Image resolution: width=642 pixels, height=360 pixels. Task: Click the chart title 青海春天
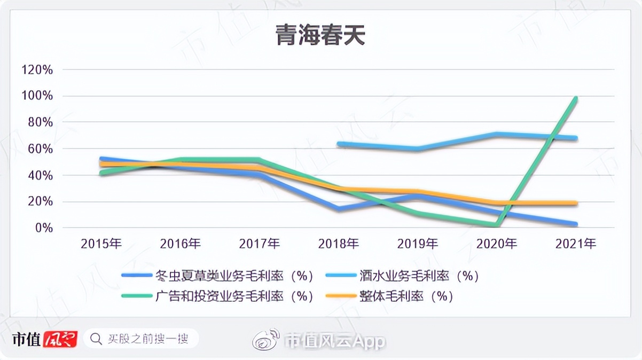coord(320,36)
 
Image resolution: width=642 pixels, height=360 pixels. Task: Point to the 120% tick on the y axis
coord(36,69)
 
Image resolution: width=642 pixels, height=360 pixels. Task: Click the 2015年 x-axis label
coord(101,244)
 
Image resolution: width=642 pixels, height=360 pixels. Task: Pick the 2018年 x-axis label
coord(339,244)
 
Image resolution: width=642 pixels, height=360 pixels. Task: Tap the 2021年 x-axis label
coord(576,244)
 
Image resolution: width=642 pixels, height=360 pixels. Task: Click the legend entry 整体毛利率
coord(406,296)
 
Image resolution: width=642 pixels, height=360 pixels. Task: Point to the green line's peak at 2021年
coord(576,98)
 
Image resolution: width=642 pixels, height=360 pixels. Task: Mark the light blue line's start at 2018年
coord(339,144)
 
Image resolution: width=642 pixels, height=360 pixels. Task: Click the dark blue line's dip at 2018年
coord(339,209)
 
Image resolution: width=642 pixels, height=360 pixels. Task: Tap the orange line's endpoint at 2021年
coord(576,203)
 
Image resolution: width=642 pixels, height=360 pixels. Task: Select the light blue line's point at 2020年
coord(497,134)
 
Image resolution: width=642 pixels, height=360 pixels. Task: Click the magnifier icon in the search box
coord(96,339)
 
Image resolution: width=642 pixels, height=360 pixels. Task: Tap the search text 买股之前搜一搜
coord(147,339)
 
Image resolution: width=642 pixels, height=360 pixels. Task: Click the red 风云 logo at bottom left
coord(60,339)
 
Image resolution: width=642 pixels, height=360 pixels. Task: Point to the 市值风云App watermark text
coord(334,341)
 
